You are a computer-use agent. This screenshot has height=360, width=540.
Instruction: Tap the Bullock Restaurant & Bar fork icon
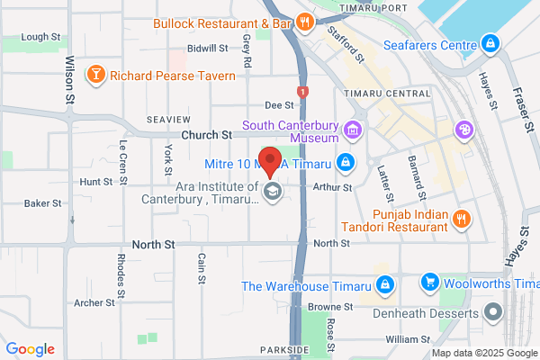[304, 22]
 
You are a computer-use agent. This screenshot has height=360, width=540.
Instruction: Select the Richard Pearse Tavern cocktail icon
[94, 73]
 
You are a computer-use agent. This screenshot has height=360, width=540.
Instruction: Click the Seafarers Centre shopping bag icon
[490, 43]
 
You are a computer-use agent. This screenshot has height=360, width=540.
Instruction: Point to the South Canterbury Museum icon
[354, 131]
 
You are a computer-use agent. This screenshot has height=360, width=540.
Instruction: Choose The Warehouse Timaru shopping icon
[385, 286]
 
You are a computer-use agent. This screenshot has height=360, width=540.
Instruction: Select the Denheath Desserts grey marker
[492, 312]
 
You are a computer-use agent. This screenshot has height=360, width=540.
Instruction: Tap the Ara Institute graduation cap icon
[272, 192]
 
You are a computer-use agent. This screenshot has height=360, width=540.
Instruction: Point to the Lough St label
[40, 37]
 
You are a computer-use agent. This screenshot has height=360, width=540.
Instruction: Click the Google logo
[30, 349]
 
